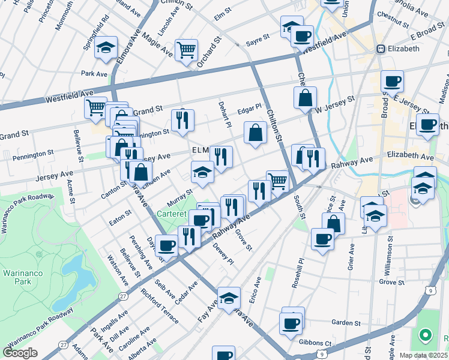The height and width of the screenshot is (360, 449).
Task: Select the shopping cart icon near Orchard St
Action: [186, 50]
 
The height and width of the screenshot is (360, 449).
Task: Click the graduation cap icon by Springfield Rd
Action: [106, 47]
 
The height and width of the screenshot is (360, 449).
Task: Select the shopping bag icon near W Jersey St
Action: [306, 97]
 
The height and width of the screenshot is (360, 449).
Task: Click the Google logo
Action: [20, 352]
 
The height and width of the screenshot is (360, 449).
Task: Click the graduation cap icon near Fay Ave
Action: [229, 298]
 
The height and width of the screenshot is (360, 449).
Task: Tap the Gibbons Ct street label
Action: [316, 343]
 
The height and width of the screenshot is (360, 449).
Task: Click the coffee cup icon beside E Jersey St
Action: [392, 80]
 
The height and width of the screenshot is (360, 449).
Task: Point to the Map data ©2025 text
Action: [423, 355]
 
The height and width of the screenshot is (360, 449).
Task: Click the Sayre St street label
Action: [258, 43]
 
